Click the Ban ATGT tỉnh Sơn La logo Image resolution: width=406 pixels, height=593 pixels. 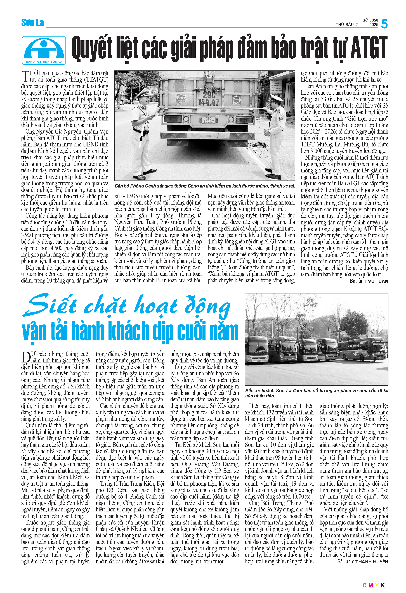[x=44, y=50]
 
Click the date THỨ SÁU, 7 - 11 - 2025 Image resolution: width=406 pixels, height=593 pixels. [x=357, y=25]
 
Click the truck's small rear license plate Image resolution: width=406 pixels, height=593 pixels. [x=209, y=120]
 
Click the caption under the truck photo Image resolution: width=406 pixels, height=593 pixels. [x=205, y=186]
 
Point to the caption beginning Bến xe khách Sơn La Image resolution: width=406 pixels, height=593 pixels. [x=317, y=393]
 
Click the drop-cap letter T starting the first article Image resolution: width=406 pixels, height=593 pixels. [x=25, y=77]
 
